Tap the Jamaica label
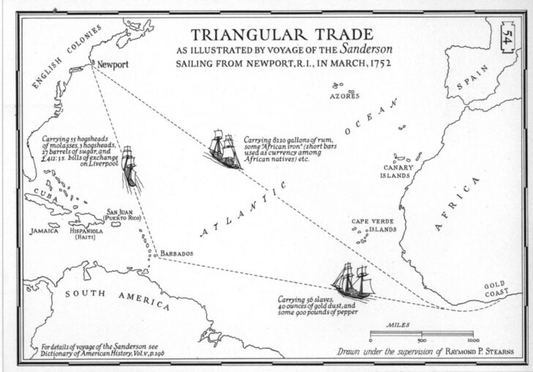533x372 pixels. pos(44,230)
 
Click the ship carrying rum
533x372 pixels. pos(225,149)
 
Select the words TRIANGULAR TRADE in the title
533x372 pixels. pos(281,34)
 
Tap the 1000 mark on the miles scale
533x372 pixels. pos(474,341)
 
